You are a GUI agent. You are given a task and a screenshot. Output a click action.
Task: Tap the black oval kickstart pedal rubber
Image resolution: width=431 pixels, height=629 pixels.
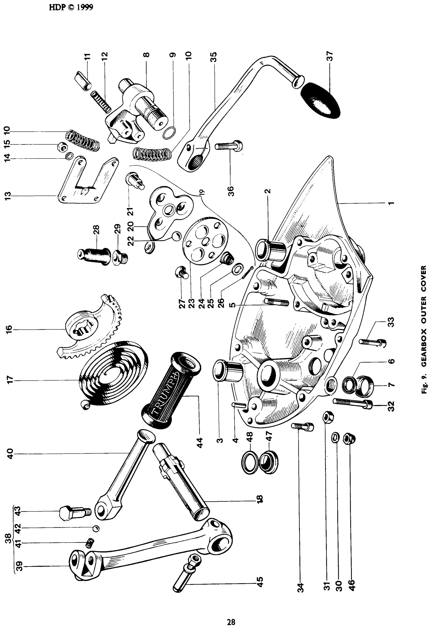click(x=320, y=100)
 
